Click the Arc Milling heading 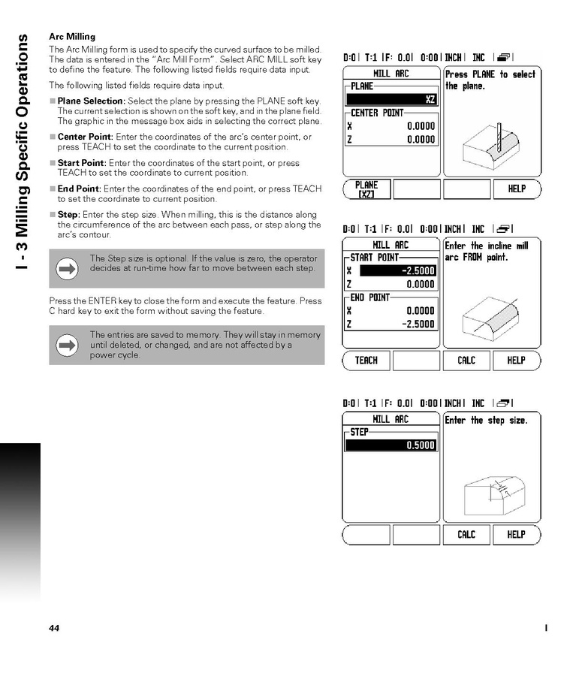pos(72,36)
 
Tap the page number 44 pos(54,628)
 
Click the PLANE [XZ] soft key pos(366,189)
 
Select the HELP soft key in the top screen pos(517,189)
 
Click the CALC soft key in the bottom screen pos(466,535)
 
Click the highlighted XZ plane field pos(391,99)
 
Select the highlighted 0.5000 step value pos(391,445)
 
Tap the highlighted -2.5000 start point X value pos(398,270)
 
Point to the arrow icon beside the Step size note pos(68,269)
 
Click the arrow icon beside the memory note pos(68,345)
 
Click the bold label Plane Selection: pos(91,101)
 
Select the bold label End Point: pos(80,189)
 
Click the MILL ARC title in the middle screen pos(391,245)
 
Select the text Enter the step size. pos(486,421)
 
